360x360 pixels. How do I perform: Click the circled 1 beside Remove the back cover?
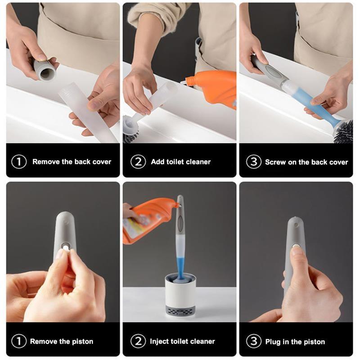(x=19, y=162)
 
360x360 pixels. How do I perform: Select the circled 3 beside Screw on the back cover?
(x=253, y=162)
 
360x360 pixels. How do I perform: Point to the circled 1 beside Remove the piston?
(x=19, y=341)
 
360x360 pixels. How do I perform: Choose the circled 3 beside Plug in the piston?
(x=253, y=341)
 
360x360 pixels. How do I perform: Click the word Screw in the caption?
(x=274, y=162)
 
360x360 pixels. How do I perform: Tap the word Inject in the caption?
(x=160, y=342)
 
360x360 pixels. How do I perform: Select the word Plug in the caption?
(x=273, y=342)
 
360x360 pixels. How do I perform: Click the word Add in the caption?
(x=157, y=162)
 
